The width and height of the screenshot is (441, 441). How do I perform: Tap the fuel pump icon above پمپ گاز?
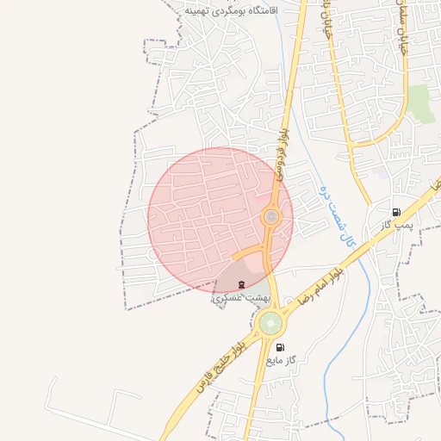(x=396, y=212)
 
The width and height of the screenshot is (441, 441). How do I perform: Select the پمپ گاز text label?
(x=400, y=225)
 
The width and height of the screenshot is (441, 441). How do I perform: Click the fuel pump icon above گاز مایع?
(x=280, y=346)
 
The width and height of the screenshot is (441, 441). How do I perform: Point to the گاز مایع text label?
(x=283, y=359)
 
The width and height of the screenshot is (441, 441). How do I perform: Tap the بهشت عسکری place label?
(x=241, y=297)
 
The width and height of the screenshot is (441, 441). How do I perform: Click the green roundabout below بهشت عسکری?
(x=270, y=324)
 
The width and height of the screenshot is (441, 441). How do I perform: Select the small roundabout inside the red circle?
(x=271, y=217)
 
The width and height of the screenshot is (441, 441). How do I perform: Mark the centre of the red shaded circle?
(x=220, y=220)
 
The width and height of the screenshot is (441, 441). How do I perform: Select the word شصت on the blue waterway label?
(x=335, y=215)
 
